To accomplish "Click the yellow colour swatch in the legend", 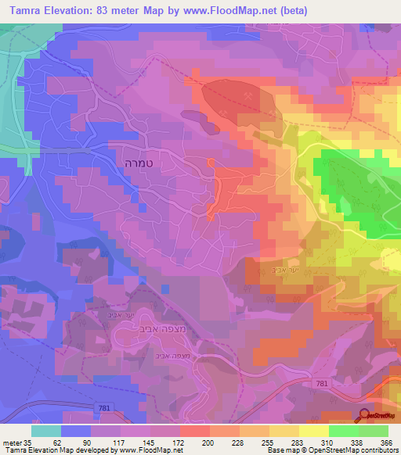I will tap(313, 430).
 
